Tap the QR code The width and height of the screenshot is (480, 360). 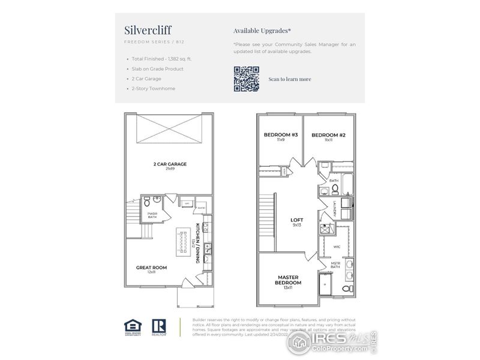tap(246, 79)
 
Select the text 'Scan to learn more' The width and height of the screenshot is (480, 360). tap(289, 79)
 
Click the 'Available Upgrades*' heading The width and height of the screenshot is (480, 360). tap(262, 30)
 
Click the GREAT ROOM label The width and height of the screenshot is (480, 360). tap(152, 268)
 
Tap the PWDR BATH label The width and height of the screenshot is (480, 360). tap(152, 215)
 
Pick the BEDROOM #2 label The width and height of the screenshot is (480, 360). tap(328, 136)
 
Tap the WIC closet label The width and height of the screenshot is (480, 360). tap(336, 247)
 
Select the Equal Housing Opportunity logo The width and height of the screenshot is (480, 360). tap(131, 326)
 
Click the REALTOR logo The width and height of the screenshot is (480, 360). tap(159, 326)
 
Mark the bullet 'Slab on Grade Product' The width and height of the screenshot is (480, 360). tap(157, 69)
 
